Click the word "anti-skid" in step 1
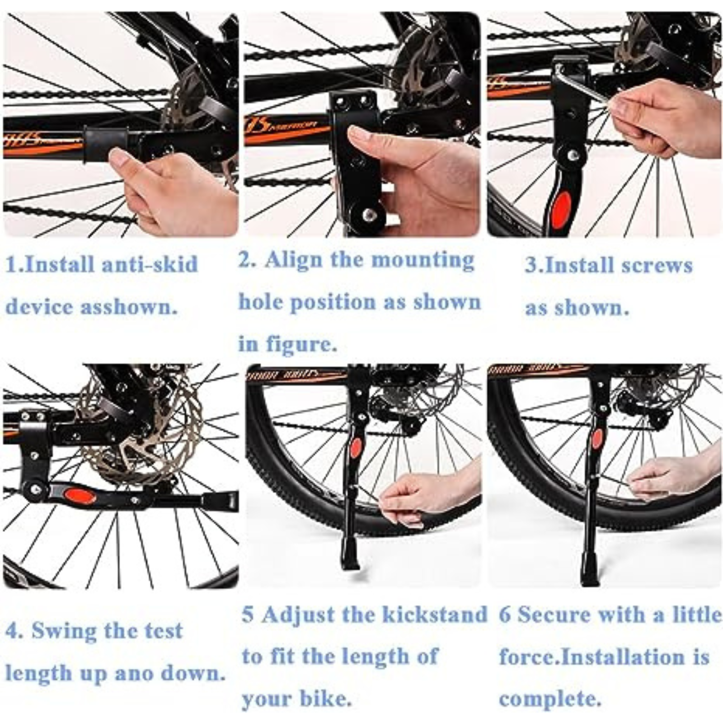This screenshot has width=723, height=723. (x=150, y=264)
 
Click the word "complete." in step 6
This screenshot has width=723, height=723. (x=550, y=699)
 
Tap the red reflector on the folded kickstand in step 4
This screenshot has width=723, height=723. (x=80, y=496)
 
